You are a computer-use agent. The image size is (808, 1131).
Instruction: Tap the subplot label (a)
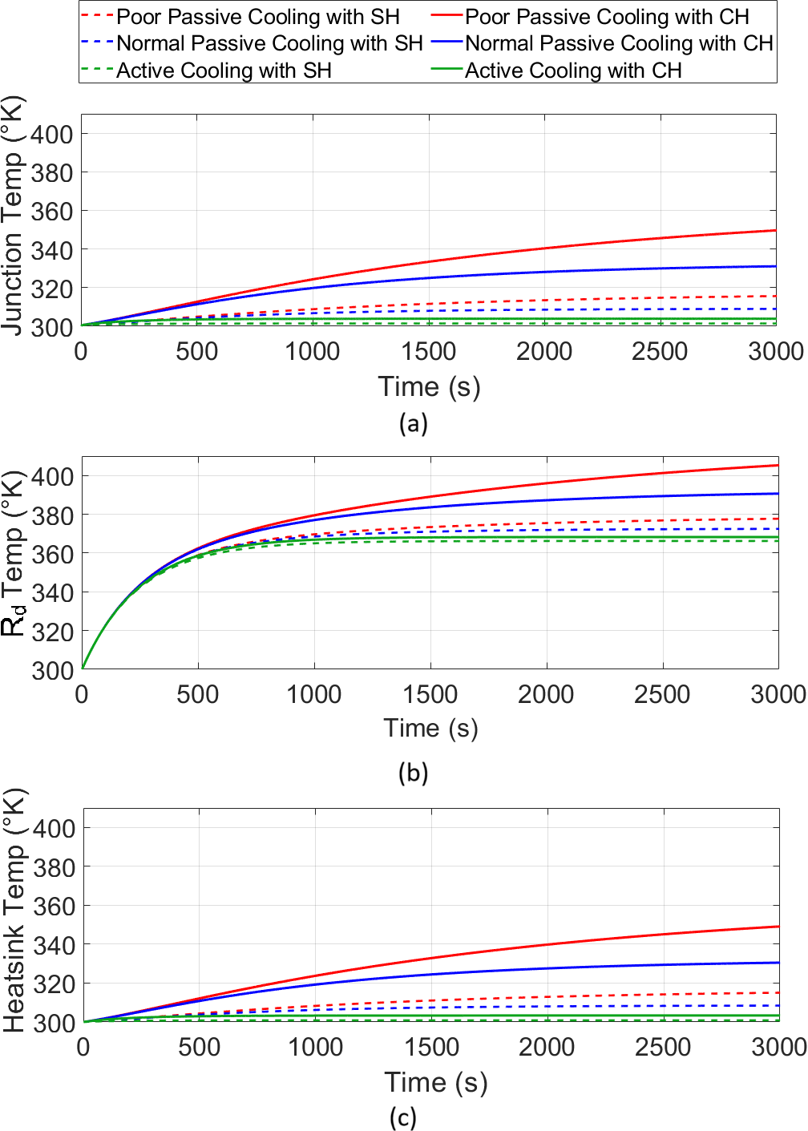[x=413, y=423]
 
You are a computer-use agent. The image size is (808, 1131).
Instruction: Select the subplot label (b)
[x=413, y=773]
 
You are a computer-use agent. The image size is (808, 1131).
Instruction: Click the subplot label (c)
[x=402, y=1117]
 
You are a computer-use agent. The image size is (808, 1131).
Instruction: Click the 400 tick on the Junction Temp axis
[x=51, y=135]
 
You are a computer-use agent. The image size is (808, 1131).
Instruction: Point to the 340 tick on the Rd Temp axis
[x=52, y=593]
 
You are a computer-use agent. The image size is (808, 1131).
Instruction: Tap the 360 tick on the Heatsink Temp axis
[x=54, y=907]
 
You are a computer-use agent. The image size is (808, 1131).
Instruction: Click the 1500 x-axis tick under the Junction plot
[x=429, y=352]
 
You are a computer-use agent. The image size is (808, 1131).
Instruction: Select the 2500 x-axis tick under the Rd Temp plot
[x=662, y=694]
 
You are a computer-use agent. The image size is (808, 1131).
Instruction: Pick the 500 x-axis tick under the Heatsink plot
[x=199, y=1047]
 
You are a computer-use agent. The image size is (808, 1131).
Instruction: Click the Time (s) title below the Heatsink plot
[x=435, y=1083]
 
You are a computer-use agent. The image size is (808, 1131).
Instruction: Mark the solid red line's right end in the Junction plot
[x=775, y=231]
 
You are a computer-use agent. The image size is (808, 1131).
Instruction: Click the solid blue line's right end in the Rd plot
[x=778, y=494]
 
